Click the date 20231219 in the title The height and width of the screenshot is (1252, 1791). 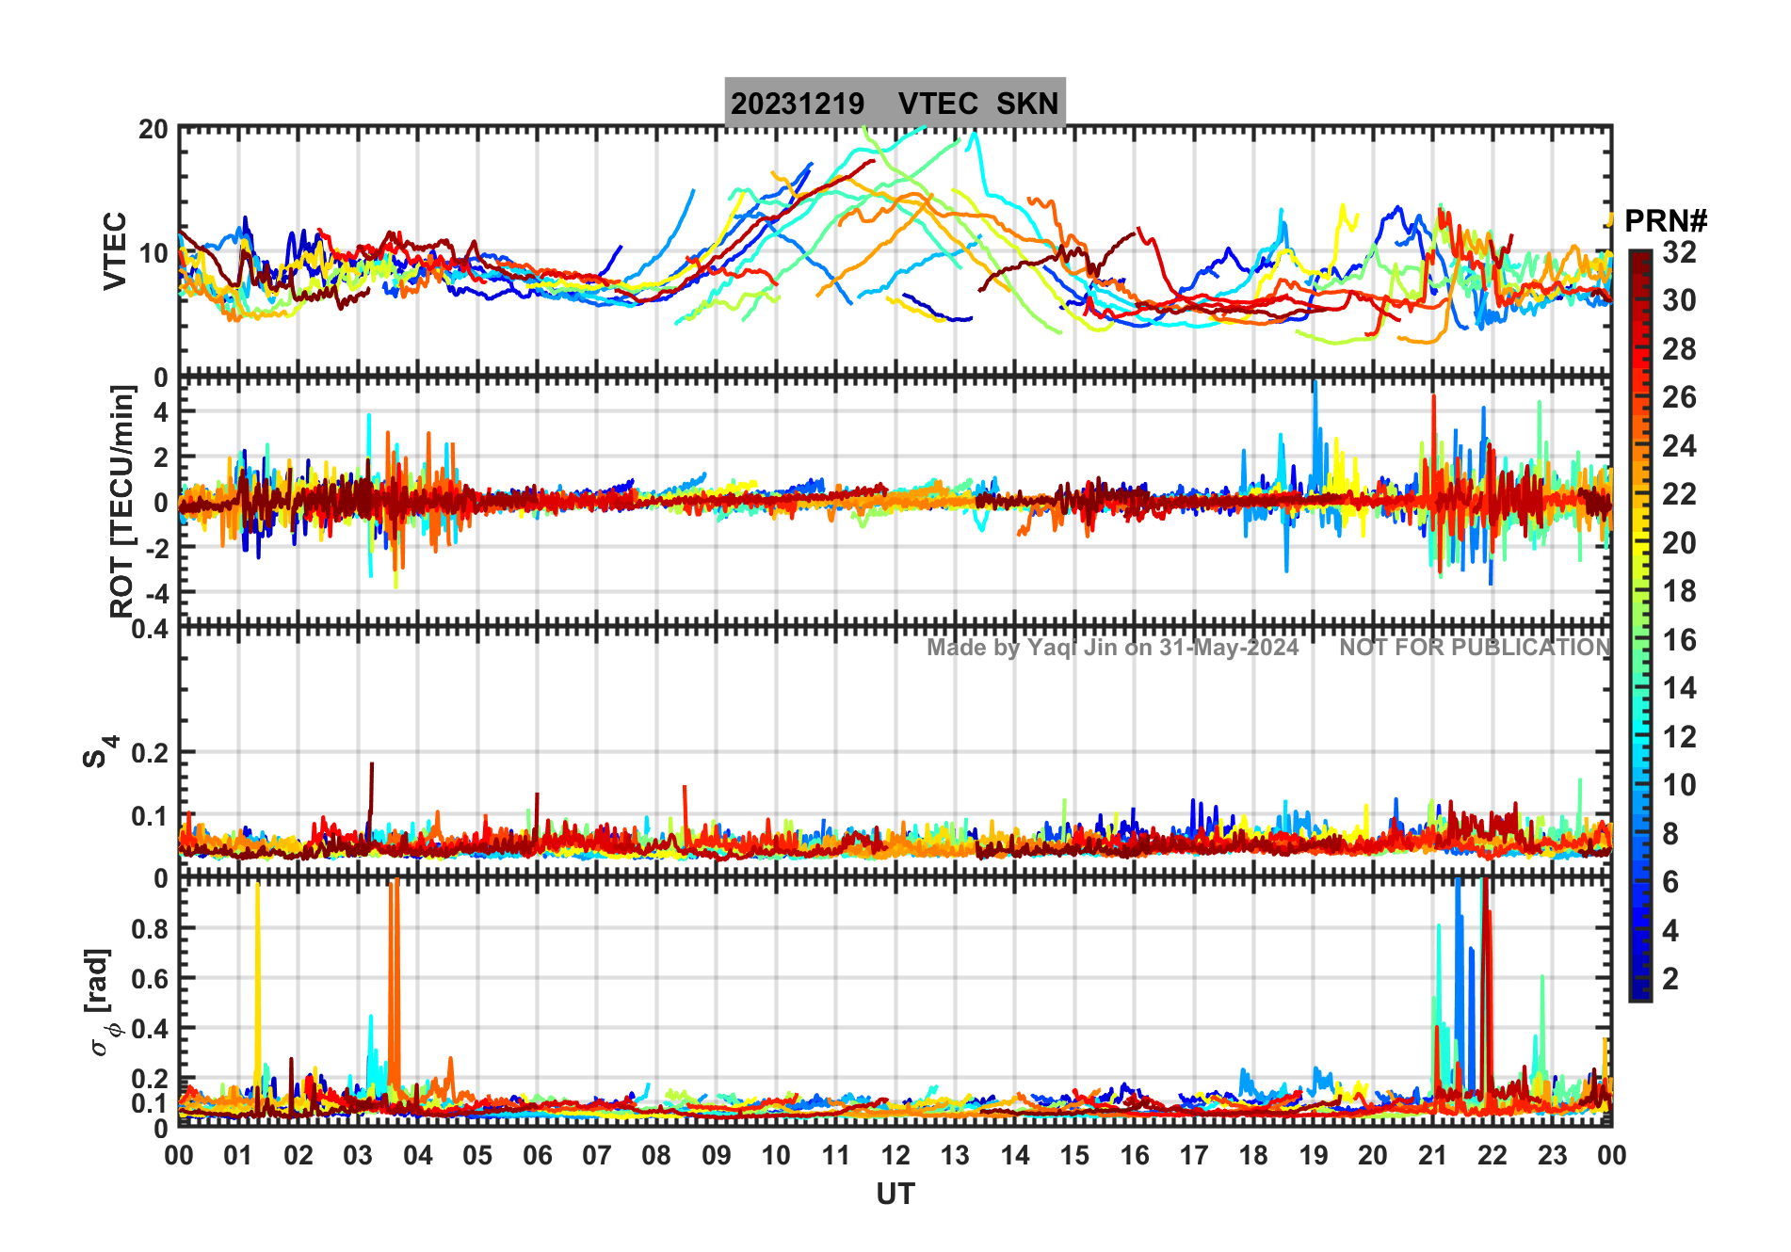797,104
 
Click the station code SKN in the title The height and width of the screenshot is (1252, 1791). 1027,104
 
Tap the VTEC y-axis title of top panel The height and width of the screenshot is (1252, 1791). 115,250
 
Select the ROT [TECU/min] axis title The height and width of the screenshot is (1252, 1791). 122,501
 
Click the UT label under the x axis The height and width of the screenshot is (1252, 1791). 895,1194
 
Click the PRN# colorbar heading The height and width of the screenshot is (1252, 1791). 1665,221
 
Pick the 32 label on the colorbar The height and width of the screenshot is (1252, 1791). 1679,251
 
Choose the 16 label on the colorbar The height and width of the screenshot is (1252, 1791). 1679,640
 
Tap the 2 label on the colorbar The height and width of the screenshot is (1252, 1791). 1670,979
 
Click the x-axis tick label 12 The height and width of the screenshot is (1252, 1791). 895,1155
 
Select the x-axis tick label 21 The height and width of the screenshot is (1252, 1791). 1432,1155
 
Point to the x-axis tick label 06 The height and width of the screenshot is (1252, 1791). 537,1155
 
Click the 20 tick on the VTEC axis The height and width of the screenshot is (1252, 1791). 153,129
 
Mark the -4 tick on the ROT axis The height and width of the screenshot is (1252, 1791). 153,593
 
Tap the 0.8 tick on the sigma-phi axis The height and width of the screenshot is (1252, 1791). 151,928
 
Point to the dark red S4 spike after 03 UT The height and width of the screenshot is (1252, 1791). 371,781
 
